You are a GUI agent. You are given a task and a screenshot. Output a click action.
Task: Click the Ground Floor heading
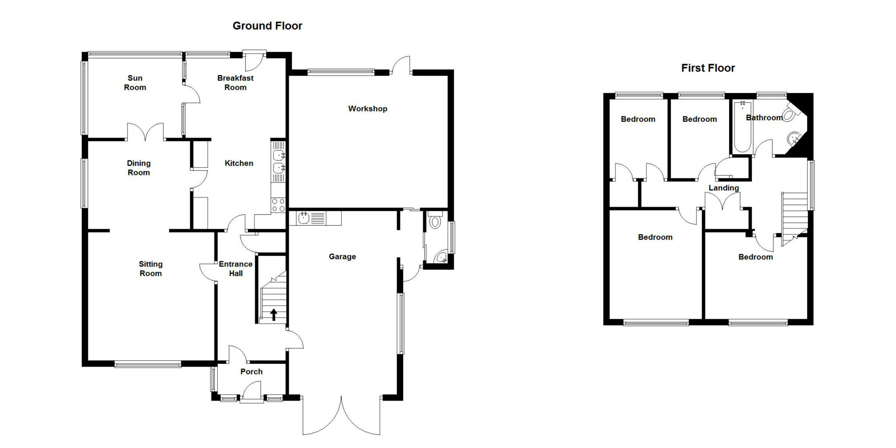(x=267, y=26)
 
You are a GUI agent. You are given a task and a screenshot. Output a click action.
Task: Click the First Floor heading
(x=708, y=68)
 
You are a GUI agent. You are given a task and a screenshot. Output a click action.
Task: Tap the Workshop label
(x=368, y=108)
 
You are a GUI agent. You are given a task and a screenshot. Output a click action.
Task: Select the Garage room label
(x=342, y=256)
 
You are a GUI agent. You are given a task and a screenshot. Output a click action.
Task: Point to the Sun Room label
(x=135, y=83)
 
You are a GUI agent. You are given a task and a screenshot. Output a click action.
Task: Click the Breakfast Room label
(x=235, y=83)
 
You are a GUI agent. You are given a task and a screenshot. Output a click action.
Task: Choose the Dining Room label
(x=139, y=168)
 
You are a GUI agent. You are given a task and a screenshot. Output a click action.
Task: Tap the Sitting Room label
(x=150, y=269)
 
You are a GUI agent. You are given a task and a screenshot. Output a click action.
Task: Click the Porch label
(x=251, y=371)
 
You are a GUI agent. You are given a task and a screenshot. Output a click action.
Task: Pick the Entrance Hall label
(x=236, y=269)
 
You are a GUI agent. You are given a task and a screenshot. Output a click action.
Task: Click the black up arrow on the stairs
(x=273, y=314)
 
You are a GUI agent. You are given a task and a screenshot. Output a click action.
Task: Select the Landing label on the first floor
(x=724, y=188)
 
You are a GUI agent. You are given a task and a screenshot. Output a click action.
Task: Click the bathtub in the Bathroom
(x=742, y=127)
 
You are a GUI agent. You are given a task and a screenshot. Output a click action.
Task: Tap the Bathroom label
(x=764, y=117)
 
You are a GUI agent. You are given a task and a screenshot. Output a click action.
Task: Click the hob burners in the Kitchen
(x=278, y=205)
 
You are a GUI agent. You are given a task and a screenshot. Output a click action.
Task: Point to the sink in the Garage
(x=314, y=218)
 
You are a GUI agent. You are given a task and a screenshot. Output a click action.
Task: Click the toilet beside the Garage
(x=435, y=220)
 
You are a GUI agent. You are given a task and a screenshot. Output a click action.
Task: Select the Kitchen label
(x=239, y=163)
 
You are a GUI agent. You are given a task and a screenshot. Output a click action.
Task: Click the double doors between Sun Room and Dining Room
(x=146, y=131)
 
